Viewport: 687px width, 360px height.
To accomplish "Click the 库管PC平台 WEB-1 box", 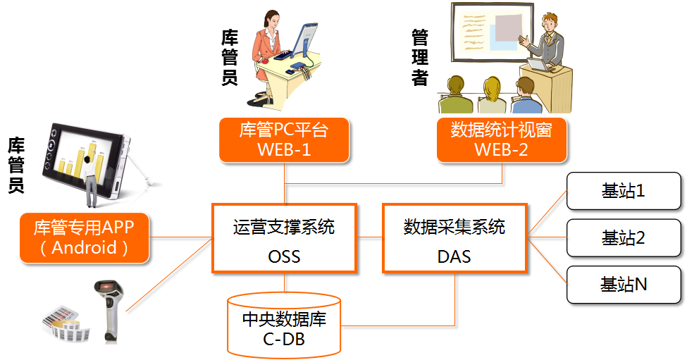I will [x=284, y=139].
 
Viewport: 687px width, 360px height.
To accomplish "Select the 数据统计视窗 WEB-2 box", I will [x=501, y=139].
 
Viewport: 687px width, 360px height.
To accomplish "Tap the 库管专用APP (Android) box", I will [x=84, y=237].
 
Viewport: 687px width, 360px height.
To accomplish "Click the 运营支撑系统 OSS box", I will [x=284, y=238].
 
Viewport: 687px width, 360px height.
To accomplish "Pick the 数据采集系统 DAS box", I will [x=454, y=238].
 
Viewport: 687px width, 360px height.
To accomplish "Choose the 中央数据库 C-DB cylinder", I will [x=284, y=325].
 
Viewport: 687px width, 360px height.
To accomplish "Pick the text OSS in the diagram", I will [x=284, y=256].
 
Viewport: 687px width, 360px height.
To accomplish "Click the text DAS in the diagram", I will [x=454, y=256].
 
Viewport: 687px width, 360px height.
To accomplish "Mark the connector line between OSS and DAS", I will [x=370, y=237].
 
